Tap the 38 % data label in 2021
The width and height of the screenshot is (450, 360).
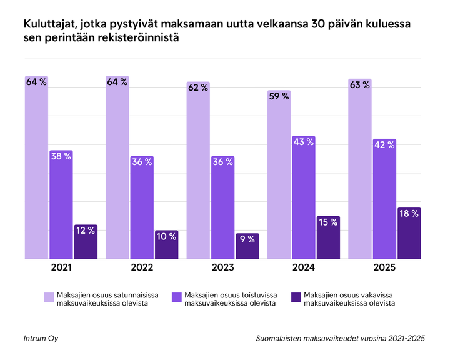pyautogui.click(x=61, y=157)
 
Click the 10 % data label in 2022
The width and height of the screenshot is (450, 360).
pyautogui.click(x=166, y=236)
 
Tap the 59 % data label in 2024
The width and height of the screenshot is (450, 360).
pyautogui.click(x=279, y=96)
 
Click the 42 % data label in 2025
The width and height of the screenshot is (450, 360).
pyautogui.click(x=384, y=145)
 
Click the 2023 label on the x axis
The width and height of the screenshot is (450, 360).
pyautogui.click(x=222, y=267)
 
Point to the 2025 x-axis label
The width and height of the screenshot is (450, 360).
pyautogui.click(x=384, y=267)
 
